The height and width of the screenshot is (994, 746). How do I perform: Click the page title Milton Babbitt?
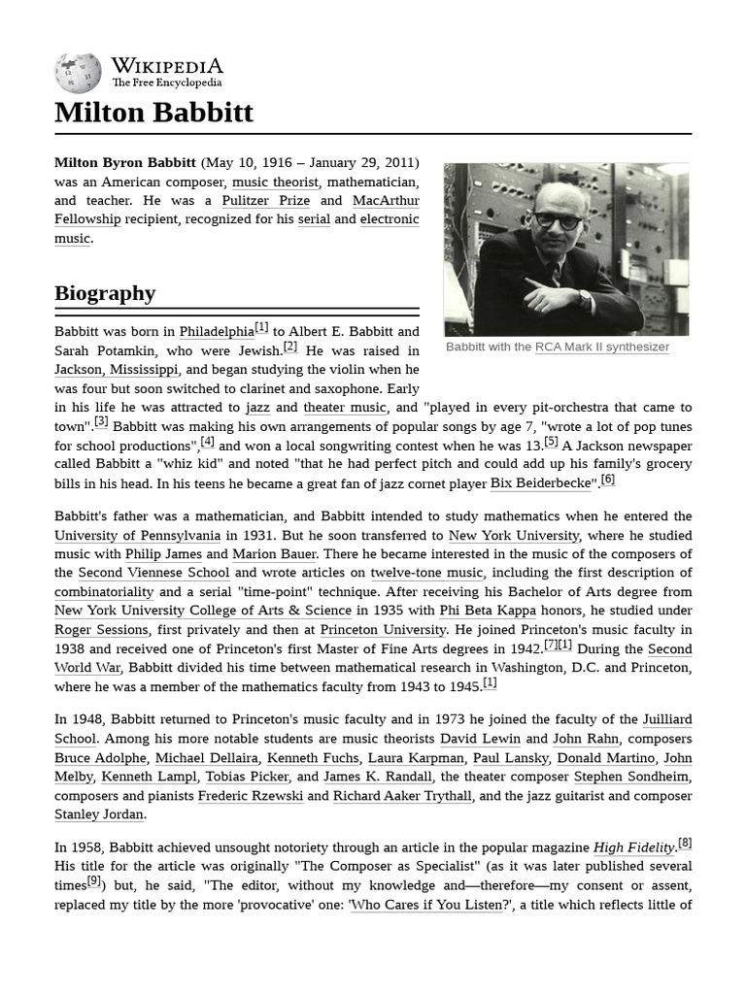click(x=153, y=113)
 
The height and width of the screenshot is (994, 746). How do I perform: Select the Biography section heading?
click(x=105, y=293)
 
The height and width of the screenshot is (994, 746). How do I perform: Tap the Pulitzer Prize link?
click(x=265, y=201)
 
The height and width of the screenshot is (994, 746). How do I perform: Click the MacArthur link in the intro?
click(x=386, y=201)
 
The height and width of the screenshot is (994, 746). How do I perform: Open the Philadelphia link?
click(x=217, y=332)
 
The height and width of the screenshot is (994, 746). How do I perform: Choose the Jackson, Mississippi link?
click(x=117, y=370)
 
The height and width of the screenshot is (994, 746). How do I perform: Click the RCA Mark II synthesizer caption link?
click(x=601, y=347)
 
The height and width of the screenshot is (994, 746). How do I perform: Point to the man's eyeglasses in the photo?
click(x=558, y=220)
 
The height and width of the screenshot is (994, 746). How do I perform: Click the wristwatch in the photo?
click(x=584, y=298)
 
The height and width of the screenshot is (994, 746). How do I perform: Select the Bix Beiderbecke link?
click(x=540, y=483)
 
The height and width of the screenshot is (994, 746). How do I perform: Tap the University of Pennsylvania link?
click(x=137, y=535)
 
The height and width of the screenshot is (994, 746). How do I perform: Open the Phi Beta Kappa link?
click(x=484, y=611)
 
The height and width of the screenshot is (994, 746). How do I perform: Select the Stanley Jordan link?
click(x=99, y=814)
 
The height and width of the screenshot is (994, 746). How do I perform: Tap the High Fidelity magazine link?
click(x=633, y=847)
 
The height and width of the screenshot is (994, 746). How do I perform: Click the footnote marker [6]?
click(x=607, y=480)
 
